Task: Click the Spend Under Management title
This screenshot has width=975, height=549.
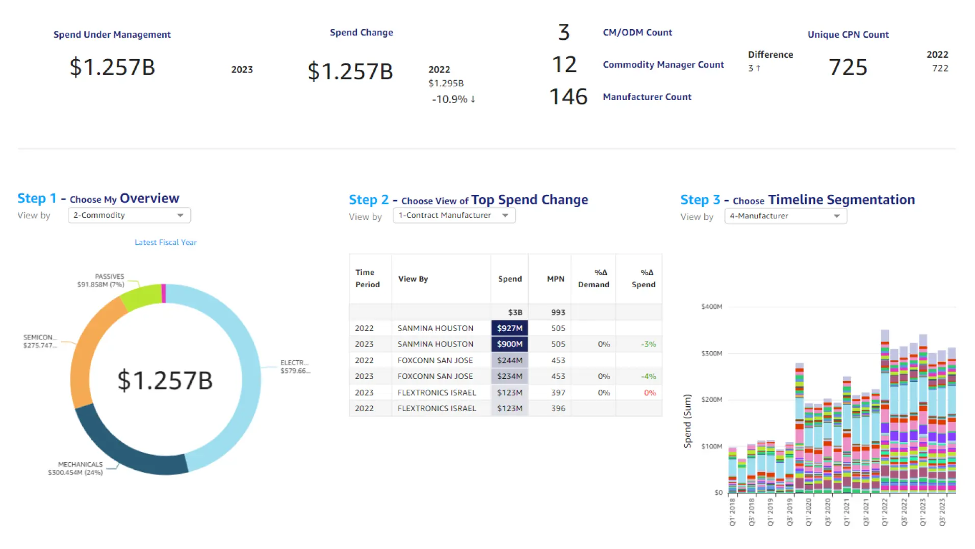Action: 112,35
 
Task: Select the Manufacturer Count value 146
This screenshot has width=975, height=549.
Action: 568,97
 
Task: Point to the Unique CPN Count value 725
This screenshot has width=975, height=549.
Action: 848,67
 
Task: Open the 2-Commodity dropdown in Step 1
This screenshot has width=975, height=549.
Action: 129,215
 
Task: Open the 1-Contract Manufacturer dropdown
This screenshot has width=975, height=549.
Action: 454,215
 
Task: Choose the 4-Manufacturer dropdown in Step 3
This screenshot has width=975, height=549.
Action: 785,216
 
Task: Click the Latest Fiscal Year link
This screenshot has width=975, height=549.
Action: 165,242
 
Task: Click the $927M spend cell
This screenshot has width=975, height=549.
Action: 509,328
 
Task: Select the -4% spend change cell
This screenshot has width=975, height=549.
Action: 649,377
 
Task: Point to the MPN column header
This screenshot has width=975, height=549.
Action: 555,279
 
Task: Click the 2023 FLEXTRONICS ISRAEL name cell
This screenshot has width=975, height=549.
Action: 437,393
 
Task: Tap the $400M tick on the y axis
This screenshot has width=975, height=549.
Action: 711,307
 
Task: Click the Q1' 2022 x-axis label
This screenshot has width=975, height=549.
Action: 885,512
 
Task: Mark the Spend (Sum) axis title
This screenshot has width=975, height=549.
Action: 687,421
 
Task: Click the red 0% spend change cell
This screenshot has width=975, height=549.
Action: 650,393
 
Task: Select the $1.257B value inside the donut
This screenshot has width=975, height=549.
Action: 165,381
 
